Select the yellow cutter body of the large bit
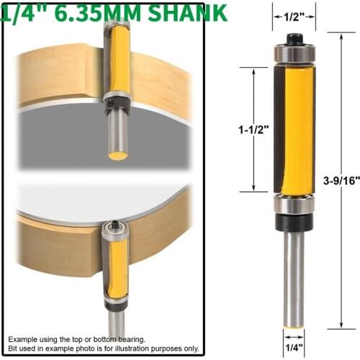(296, 130)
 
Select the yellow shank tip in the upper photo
(117, 154)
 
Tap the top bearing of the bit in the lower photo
(113, 231)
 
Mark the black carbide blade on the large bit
(278, 130)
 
